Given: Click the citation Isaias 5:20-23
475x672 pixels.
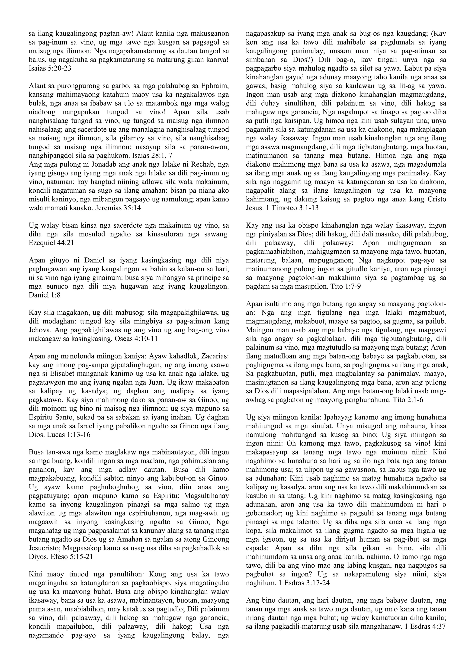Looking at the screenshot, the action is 50,68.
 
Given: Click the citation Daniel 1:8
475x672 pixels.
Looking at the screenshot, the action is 45,295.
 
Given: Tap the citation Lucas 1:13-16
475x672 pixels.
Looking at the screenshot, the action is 68,435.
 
